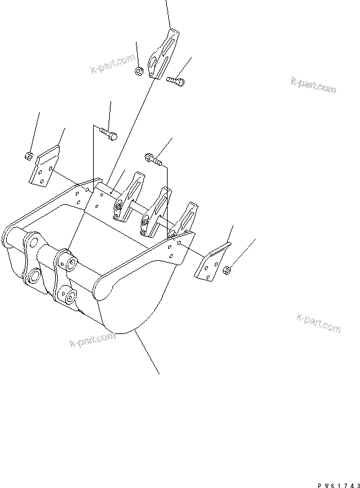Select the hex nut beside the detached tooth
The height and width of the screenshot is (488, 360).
[x=140, y=73]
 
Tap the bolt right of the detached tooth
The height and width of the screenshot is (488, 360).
[x=175, y=79]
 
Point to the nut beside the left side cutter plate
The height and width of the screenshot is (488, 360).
[x=29, y=155]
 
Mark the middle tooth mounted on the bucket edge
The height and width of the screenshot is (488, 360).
[x=156, y=212]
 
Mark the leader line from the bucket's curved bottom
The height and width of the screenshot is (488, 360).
[x=147, y=353]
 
